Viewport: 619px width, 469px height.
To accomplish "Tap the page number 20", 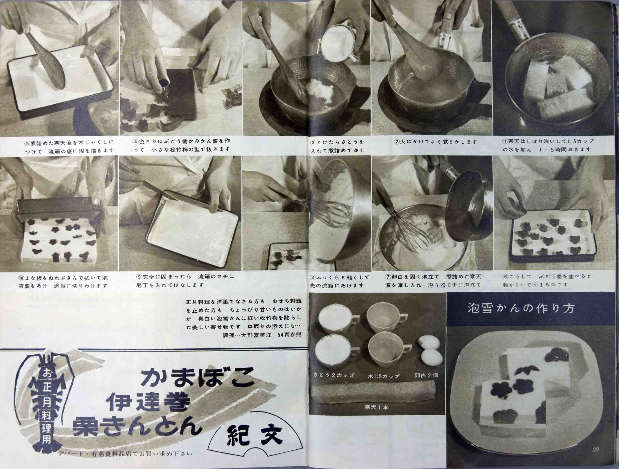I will tap(595, 457).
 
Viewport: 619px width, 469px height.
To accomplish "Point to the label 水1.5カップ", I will tap(383, 376).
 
